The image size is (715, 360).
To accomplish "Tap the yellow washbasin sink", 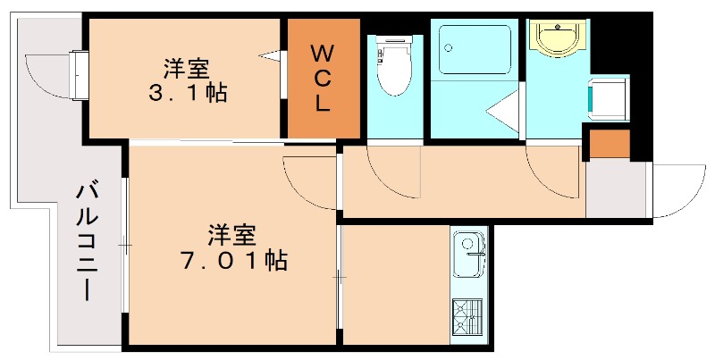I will (555, 37).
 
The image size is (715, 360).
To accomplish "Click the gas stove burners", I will (467, 316).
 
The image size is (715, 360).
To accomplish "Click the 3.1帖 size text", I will (188, 91).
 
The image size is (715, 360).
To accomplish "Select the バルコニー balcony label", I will (87, 241).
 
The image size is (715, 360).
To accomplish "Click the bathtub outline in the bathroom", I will (475, 50).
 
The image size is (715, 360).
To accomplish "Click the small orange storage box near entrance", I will (610, 143).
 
